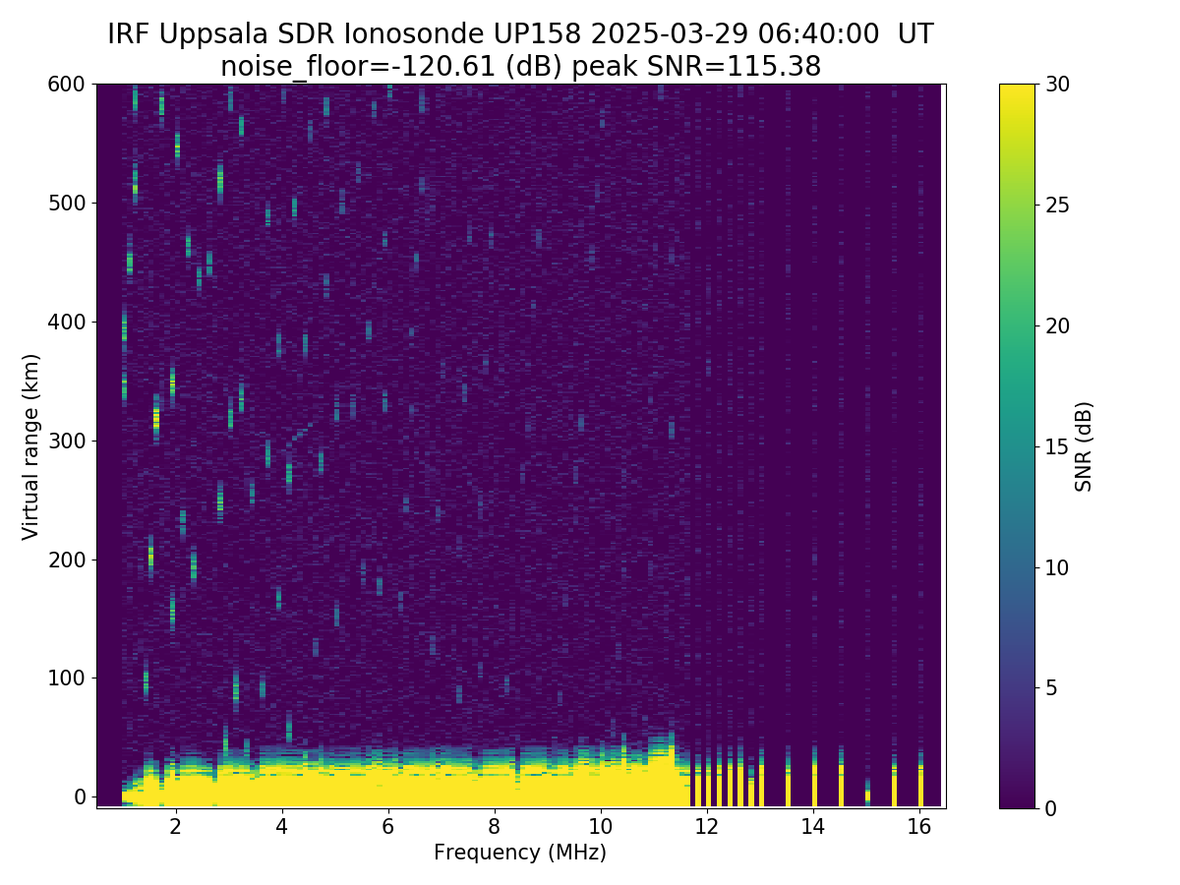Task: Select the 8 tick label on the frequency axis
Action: pyautogui.click(x=494, y=827)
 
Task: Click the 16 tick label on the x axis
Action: pyautogui.click(x=919, y=827)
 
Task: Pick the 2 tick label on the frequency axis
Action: pyautogui.click(x=175, y=827)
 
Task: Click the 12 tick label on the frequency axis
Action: pyautogui.click(x=707, y=827)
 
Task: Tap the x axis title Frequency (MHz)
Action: pyautogui.click(x=520, y=853)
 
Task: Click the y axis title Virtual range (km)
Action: pyautogui.click(x=31, y=446)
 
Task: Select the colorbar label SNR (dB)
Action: pyautogui.click(x=1084, y=446)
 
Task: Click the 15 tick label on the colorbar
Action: pyautogui.click(x=1059, y=446)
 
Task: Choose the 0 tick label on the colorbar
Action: pyautogui.click(x=1052, y=808)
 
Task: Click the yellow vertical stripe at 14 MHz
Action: pyautogui.click(x=814, y=787)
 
